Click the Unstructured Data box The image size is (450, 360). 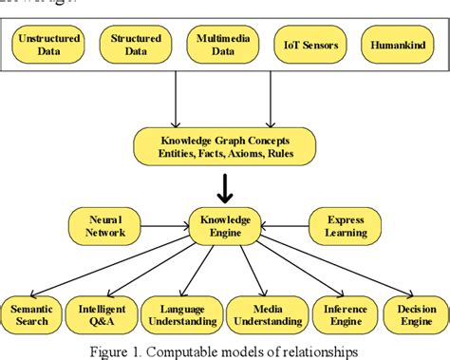click(47, 45)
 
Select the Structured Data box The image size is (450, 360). click(135, 45)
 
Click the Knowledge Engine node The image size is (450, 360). click(226, 227)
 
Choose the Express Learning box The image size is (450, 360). click(345, 227)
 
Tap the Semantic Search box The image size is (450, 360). click(32, 313)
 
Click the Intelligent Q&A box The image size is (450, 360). click(100, 313)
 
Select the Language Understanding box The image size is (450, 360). click(180, 313)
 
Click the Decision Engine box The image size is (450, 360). click(414, 313)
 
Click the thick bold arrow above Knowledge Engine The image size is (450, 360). click(225, 187)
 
